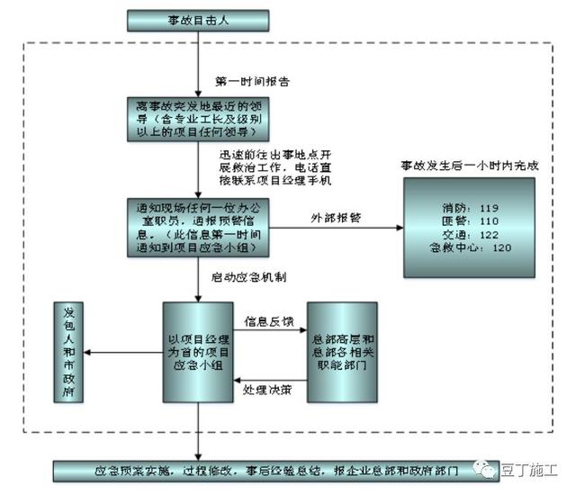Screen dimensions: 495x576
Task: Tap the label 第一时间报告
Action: pos(253,80)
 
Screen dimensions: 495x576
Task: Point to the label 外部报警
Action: pos(335,218)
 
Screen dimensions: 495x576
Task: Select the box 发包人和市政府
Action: pos(70,351)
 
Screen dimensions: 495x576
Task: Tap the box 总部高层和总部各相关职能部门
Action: pos(342,351)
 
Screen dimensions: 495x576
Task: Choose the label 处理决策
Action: pos(267,390)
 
